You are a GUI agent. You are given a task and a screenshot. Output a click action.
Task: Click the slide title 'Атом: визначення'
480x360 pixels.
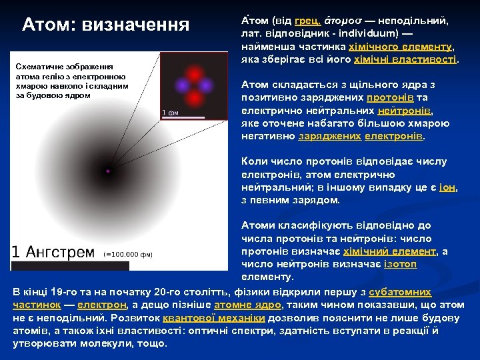click(x=106, y=25)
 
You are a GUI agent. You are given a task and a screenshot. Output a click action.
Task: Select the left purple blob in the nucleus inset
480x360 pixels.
click(x=180, y=85)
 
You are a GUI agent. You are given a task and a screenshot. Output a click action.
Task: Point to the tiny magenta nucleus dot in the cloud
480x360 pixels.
click(x=107, y=171)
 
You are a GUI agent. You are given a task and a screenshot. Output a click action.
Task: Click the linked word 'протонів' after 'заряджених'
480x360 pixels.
click(x=403, y=98)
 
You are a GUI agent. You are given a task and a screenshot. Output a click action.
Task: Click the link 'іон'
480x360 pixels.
click(x=447, y=187)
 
